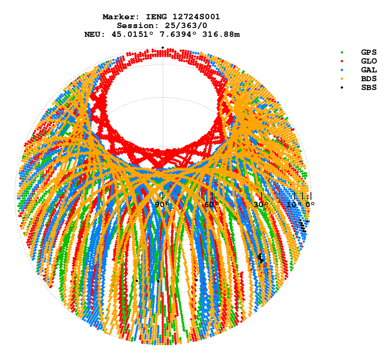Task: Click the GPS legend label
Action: pyautogui.click(x=369, y=52)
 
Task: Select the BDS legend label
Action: pyautogui.click(x=369, y=78)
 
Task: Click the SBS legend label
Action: pyautogui.click(x=369, y=87)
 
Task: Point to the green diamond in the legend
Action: pyautogui.click(x=342, y=52)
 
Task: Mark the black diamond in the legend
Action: pyautogui.click(x=342, y=87)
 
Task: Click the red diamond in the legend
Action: pyautogui.click(x=342, y=61)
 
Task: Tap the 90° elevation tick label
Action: pyautogui.click(x=162, y=204)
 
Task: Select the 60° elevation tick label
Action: pyautogui.click(x=212, y=204)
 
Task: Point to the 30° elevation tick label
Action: pyautogui.click(x=261, y=204)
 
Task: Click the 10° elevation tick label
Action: pyautogui.click(x=294, y=204)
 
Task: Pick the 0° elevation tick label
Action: pyautogui.click(x=310, y=204)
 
